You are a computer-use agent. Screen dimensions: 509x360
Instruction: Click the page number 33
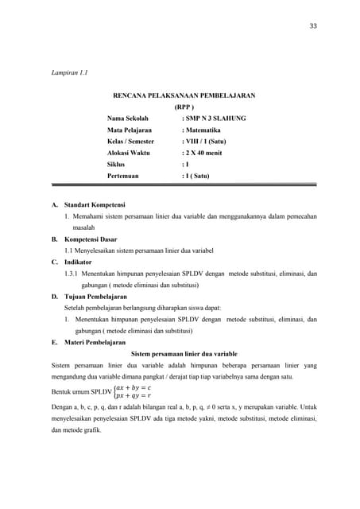(x=313, y=26)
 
